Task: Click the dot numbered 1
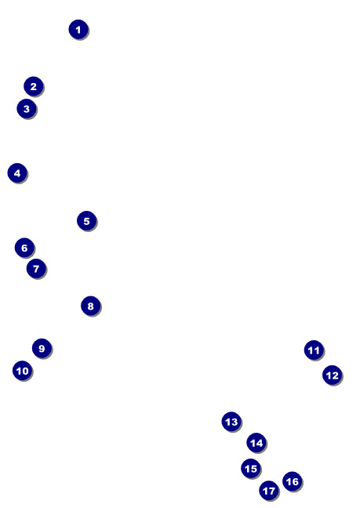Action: click(78, 30)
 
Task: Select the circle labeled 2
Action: click(34, 86)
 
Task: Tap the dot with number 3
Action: click(27, 109)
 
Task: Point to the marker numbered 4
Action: click(17, 173)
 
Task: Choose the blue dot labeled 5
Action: click(87, 221)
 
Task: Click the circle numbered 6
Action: click(24, 248)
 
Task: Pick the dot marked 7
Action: click(36, 269)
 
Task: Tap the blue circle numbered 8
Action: click(91, 306)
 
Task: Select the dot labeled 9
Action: click(42, 348)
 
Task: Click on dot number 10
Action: click(23, 371)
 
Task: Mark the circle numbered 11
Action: click(314, 350)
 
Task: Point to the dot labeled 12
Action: click(332, 376)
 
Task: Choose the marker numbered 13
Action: click(231, 422)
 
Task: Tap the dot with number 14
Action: click(256, 443)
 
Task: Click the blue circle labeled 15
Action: click(251, 469)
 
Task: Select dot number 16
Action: click(293, 481)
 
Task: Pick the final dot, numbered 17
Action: click(269, 491)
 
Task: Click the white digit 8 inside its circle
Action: click(91, 307)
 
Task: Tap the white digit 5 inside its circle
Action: click(87, 221)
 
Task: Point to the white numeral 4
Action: click(17, 173)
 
